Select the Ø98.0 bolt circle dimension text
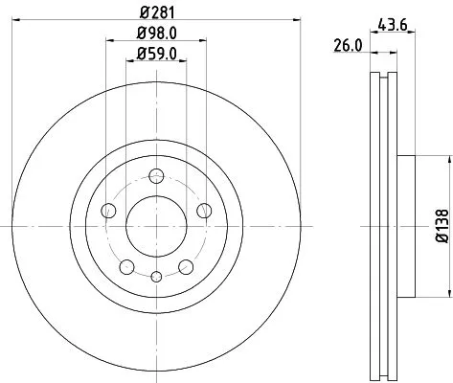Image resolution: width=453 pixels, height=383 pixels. [155, 37]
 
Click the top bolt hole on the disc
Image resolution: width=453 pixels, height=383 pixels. [155, 174]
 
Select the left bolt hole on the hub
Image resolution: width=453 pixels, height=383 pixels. [106, 211]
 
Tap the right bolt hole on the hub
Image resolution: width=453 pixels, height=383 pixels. [203, 210]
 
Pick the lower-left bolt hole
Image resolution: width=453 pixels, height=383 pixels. [125, 267]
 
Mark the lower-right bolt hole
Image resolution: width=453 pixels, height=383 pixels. [185, 267]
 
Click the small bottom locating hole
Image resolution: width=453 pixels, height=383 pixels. [155, 276]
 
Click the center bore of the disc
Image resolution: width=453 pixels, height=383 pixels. [155, 225]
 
